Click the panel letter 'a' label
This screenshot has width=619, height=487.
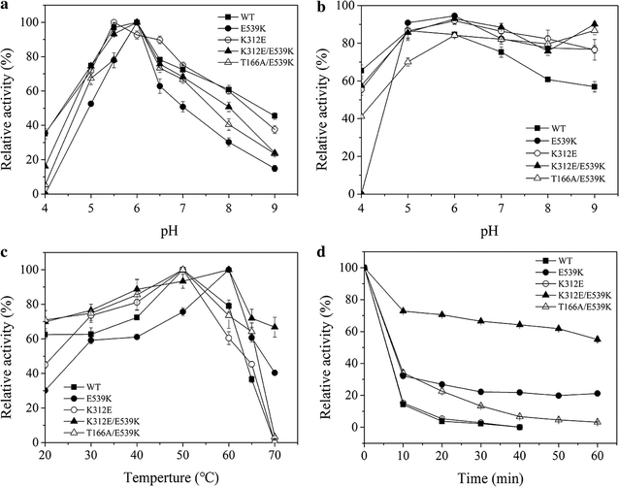[x=7, y=8]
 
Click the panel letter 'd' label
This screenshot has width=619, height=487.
[x=318, y=254]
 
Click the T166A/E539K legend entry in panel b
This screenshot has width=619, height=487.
[x=560, y=179]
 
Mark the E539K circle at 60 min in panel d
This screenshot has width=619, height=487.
[x=597, y=393]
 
